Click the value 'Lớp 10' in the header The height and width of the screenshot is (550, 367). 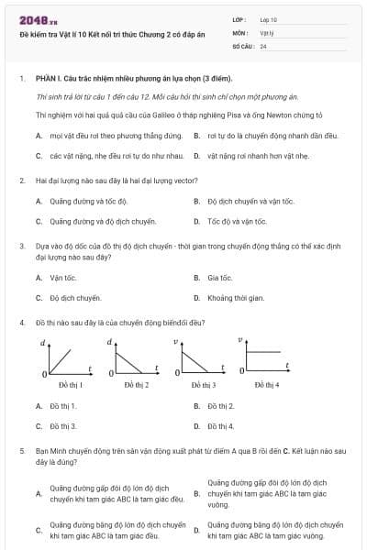pyautogui.click(x=268, y=19)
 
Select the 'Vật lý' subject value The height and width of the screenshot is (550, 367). pyautogui.click(x=266, y=32)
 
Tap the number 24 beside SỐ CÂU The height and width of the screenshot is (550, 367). pyautogui.click(x=263, y=45)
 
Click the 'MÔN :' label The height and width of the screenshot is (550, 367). pyautogui.click(x=241, y=32)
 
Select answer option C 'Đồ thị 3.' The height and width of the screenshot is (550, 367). pyautogui.click(x=62, y=426)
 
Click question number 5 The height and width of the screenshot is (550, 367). pyautogui.click(x=22, y=452)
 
